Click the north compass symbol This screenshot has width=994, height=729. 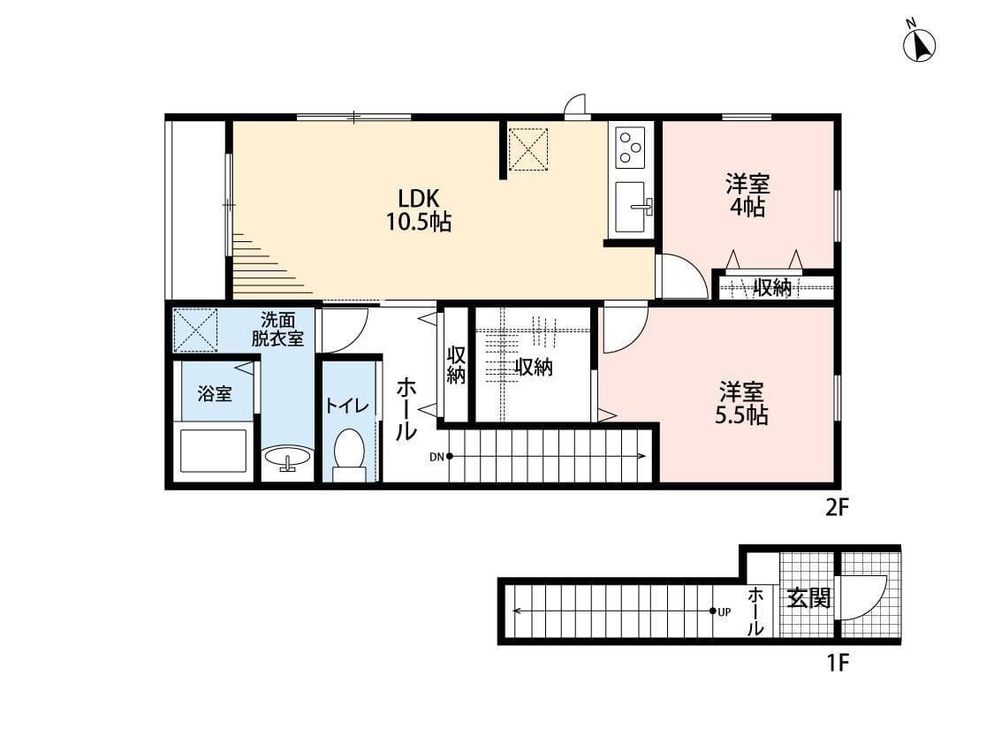920,45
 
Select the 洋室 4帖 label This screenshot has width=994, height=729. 747,195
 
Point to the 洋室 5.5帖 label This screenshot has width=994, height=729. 741,403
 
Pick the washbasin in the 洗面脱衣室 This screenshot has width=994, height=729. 287,458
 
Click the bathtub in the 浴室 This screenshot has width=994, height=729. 213,451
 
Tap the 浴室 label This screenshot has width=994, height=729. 214,394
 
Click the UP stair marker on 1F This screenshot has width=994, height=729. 721,611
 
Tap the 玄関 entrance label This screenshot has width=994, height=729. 808,598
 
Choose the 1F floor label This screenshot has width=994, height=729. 837,662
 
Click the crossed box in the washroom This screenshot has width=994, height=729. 195,330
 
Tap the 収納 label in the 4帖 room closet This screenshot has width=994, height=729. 771,287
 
